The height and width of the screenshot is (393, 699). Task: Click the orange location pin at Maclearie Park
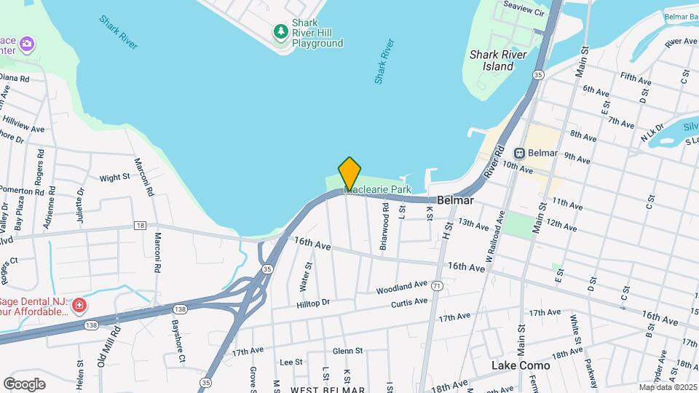349,173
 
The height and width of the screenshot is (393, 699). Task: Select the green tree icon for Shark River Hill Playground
280,31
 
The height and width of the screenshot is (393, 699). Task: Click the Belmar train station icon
520,153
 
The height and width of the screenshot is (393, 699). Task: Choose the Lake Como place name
521,365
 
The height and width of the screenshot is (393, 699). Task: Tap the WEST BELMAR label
328,389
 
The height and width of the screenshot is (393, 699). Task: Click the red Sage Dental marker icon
79,304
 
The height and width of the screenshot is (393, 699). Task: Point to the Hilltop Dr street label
313,302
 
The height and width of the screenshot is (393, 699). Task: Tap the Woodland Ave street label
401,287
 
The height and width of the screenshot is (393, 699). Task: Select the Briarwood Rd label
384,227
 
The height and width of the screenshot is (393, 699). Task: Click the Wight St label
114,177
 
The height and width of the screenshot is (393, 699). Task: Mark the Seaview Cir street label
524,12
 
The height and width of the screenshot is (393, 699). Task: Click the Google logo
24,384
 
